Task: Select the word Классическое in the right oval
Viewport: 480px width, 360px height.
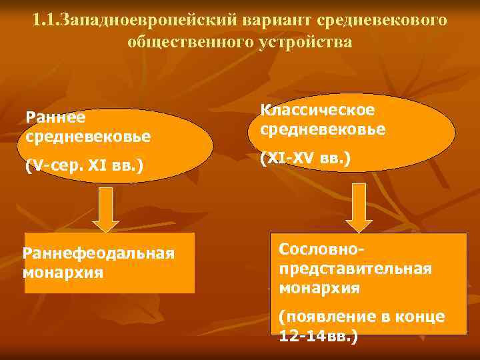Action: (317, 109)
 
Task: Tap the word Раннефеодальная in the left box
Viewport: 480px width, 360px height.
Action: (99, 253)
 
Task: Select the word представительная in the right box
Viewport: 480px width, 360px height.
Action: (355, 268)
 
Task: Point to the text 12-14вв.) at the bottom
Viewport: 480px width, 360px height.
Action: (319, 336)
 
